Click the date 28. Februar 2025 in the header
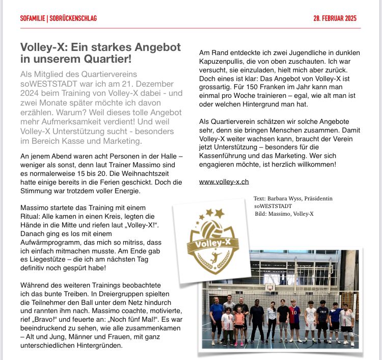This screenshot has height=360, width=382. tap(335, 18)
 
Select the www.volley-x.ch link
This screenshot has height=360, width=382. tap(224, 181)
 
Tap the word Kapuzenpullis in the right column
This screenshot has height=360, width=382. tap(223, 60)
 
